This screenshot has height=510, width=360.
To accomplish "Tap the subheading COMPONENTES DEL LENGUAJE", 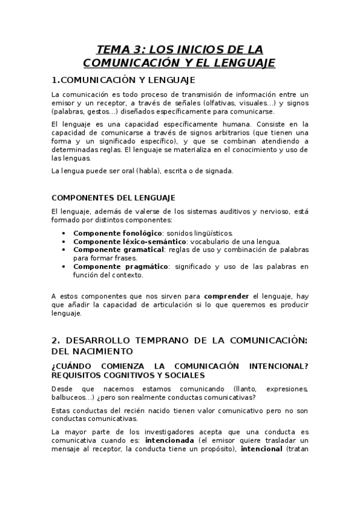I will coord(114,197).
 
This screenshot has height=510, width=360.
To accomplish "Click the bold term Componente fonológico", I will coord(109,233).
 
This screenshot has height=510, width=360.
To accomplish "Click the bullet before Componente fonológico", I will coord(64,233).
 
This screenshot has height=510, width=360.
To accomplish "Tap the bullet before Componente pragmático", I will coord(64,266).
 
